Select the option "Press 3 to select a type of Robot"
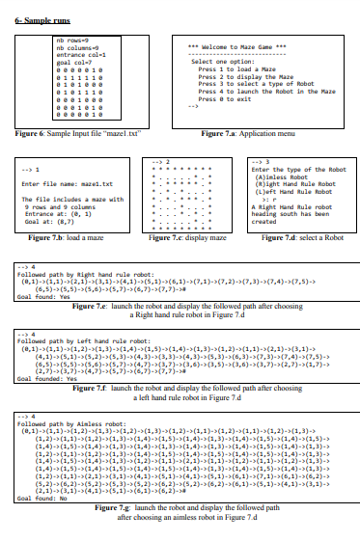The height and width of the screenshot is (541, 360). [x=248, y=84]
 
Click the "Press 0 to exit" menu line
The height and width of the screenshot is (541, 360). [x=223, y=98]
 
